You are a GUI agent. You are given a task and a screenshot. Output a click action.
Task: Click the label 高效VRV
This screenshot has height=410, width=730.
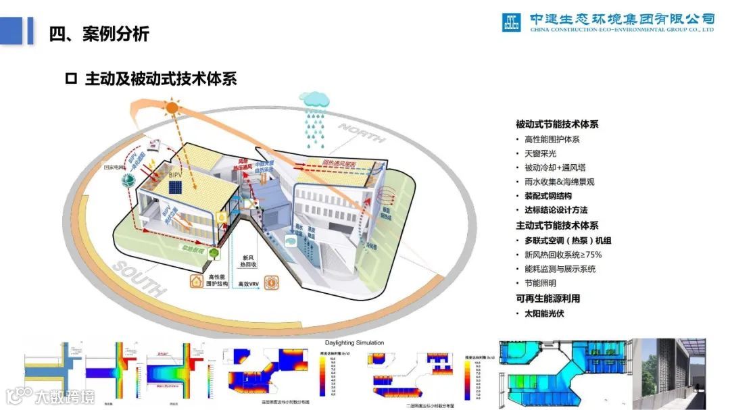tap(249, 285)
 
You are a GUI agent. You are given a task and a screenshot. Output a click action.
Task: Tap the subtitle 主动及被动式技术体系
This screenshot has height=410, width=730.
tap(160, 79)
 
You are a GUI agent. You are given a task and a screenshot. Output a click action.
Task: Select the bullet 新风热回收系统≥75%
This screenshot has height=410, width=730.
tap(562, 255)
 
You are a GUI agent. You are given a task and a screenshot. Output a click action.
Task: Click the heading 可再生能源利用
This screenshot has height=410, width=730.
tap(547, 298)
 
